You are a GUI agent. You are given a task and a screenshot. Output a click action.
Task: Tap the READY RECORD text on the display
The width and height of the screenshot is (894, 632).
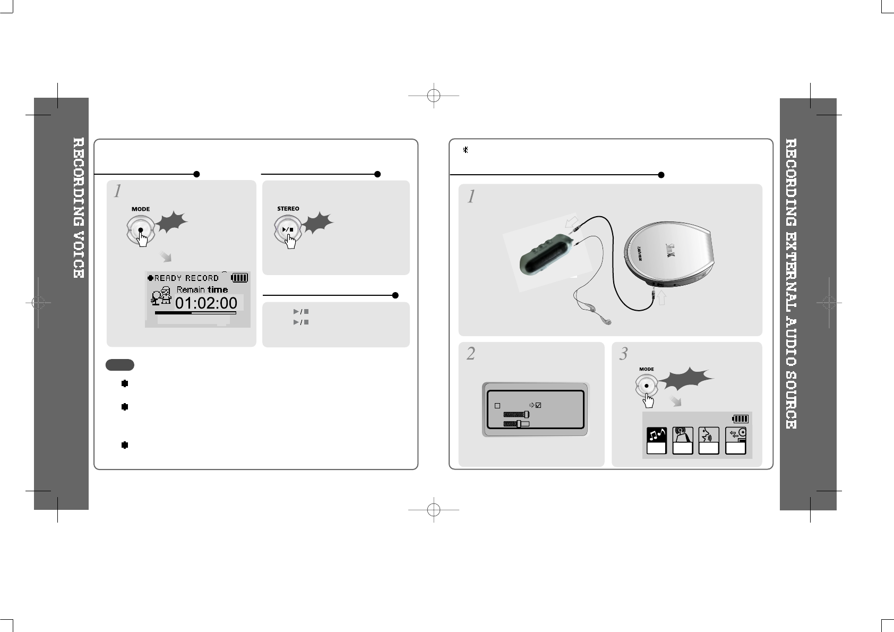186,278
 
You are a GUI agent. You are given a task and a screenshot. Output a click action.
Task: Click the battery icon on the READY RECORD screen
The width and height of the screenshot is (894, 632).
240,277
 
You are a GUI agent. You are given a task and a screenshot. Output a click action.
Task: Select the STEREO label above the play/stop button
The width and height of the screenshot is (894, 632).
288,209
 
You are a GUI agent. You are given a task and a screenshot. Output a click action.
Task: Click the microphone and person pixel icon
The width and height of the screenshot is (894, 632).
161,296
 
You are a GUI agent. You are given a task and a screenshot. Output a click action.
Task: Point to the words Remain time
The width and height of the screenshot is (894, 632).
202,289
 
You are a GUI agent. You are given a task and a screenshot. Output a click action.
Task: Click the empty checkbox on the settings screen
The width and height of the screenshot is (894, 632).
497,406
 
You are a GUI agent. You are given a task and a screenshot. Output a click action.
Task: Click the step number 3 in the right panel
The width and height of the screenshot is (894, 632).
624,354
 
